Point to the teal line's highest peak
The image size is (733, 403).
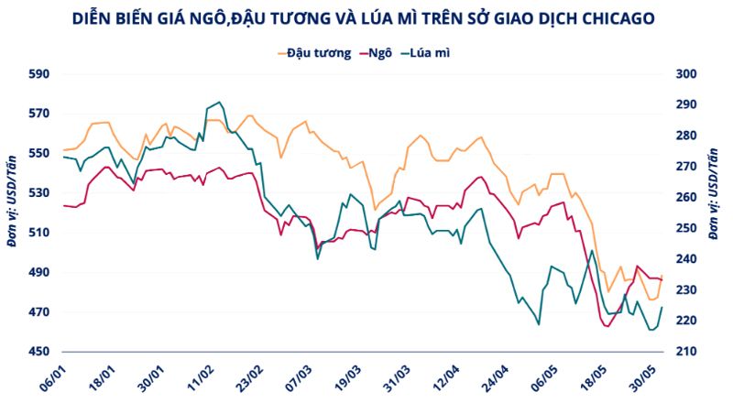click(219, 103)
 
